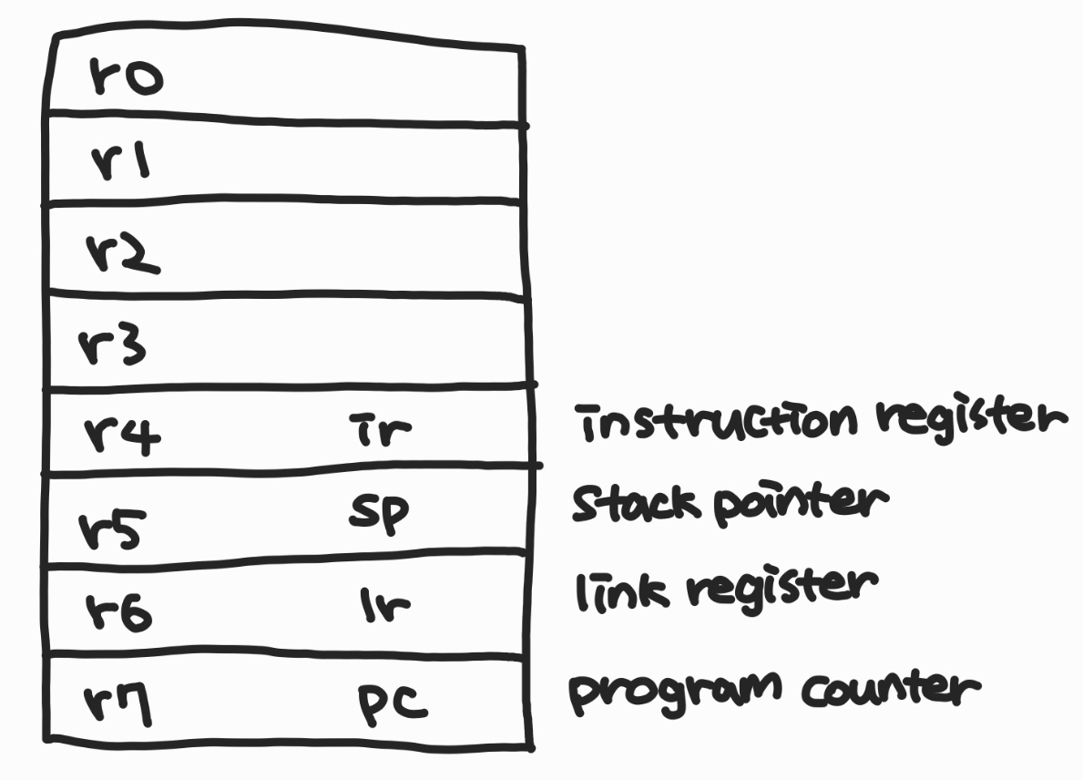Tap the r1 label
coord(124,163)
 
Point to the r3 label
coord(111,345)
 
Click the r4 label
coord(122,435)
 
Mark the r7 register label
coord(118,705)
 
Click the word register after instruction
coord(972,421)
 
